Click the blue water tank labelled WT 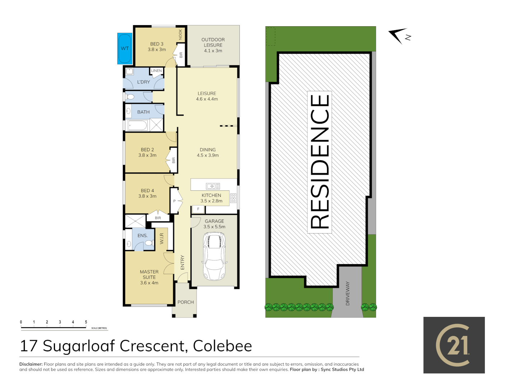click(x=125, y=48)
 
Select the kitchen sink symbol click(x=213, y=186)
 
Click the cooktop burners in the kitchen click(x=233, y=198)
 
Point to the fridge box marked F click(x=198, y=209)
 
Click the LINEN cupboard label click(x=156, y=71)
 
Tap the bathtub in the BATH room click(x=138, y=125)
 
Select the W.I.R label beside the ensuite click(x=162, y=239)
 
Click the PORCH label click(x=185, y=302)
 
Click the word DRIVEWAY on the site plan click(x=348, y=294)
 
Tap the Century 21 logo click(x=454, y=345)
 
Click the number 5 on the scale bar click(x=86, y=322)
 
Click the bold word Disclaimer click(x=31, y=364)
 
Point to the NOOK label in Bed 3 click(x=180, y=34)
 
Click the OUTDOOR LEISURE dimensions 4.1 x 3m click(x=213, y=51)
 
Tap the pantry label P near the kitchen click(x=174, y=201)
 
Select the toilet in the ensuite click(x=148, y=243)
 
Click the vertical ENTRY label click(x=182, y=263)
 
